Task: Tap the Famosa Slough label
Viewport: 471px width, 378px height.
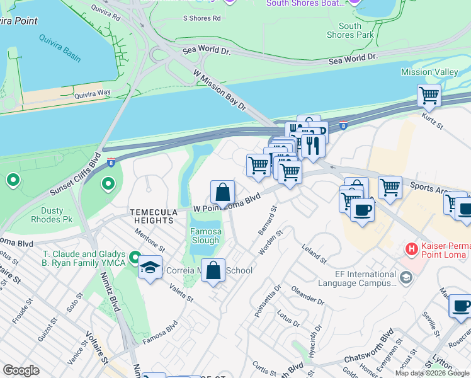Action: pos(205,236)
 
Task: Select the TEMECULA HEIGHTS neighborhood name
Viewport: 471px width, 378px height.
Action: pos(152,217)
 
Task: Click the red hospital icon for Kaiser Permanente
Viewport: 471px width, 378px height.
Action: pos(412,249)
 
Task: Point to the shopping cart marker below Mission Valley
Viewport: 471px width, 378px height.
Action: pos(429,96)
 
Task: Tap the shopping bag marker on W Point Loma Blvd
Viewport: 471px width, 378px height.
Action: pos(222,192)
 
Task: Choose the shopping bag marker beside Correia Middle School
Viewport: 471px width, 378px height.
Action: pos(214,270)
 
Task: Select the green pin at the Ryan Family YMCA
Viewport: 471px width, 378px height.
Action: pos(135,257)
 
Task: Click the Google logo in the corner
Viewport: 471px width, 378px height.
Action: pos(21,370)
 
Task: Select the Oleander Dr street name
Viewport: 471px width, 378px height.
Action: pos(307,297)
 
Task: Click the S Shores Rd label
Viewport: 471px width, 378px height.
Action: pos(201,18)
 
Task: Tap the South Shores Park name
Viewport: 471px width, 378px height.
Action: pos(349,30)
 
